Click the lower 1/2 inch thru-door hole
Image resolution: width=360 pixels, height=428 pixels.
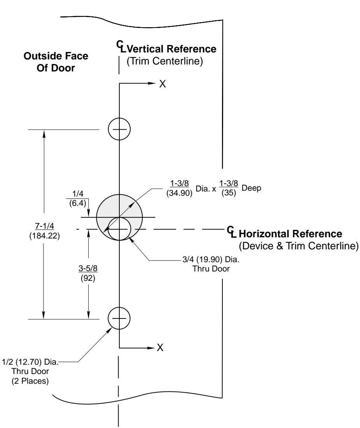119,318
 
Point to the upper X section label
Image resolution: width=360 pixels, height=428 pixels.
162,84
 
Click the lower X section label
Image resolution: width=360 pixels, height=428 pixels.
159,348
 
